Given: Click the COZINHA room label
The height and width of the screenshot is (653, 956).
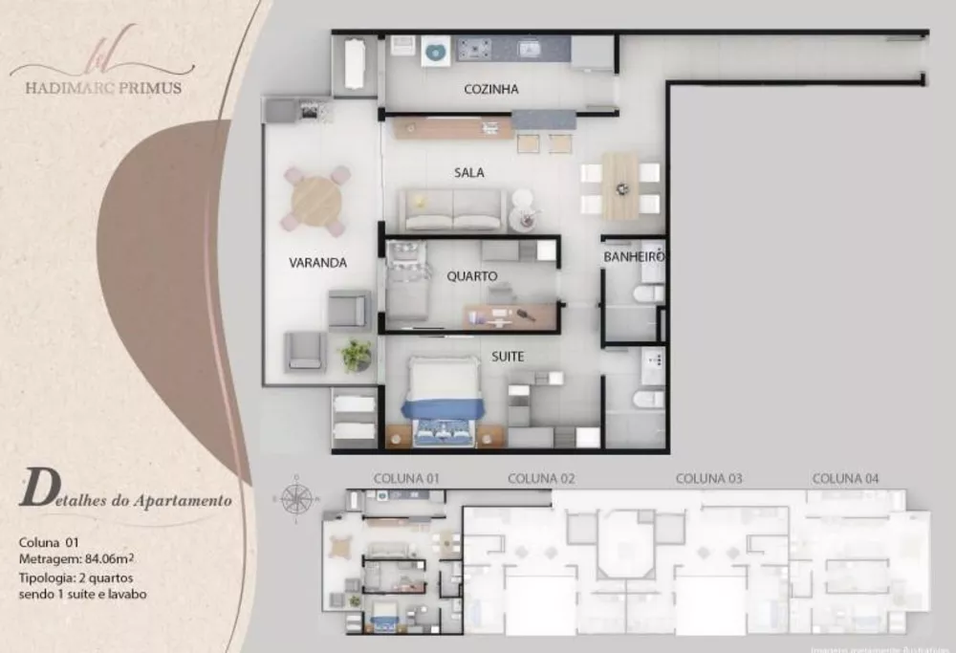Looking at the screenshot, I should (x=490, y=90).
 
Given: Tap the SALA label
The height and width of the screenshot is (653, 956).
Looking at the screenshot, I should (x=468, y=173).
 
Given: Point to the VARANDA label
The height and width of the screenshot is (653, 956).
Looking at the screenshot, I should (x=317, y=263).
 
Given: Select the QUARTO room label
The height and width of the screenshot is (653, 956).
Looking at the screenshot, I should (x=472, y=276).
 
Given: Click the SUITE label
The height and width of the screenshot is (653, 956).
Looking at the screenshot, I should (x=508, y=357).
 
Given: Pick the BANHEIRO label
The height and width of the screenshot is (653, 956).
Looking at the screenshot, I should (x=634, y=257).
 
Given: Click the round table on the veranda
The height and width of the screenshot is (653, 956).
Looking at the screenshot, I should (x=316, y=201).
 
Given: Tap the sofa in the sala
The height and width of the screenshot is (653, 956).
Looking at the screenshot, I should (x=452, y=209).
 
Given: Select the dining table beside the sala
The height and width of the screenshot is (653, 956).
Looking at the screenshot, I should (x=620, y=186).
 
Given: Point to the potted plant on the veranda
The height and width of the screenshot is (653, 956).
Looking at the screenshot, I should (x=357, y=355).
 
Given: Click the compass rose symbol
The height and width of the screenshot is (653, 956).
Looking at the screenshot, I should (x=297, y=497).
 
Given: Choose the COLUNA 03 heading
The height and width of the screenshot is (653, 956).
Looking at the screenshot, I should (x=709, y=478).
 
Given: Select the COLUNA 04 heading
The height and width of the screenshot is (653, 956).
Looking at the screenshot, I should (x=845, y=478).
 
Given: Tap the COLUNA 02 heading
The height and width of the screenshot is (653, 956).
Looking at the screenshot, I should (x=541, y=478).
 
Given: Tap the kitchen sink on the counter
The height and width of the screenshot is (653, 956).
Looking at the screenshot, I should (x=529, y=47).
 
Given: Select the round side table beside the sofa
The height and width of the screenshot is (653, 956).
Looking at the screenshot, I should (x=523, y=217).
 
